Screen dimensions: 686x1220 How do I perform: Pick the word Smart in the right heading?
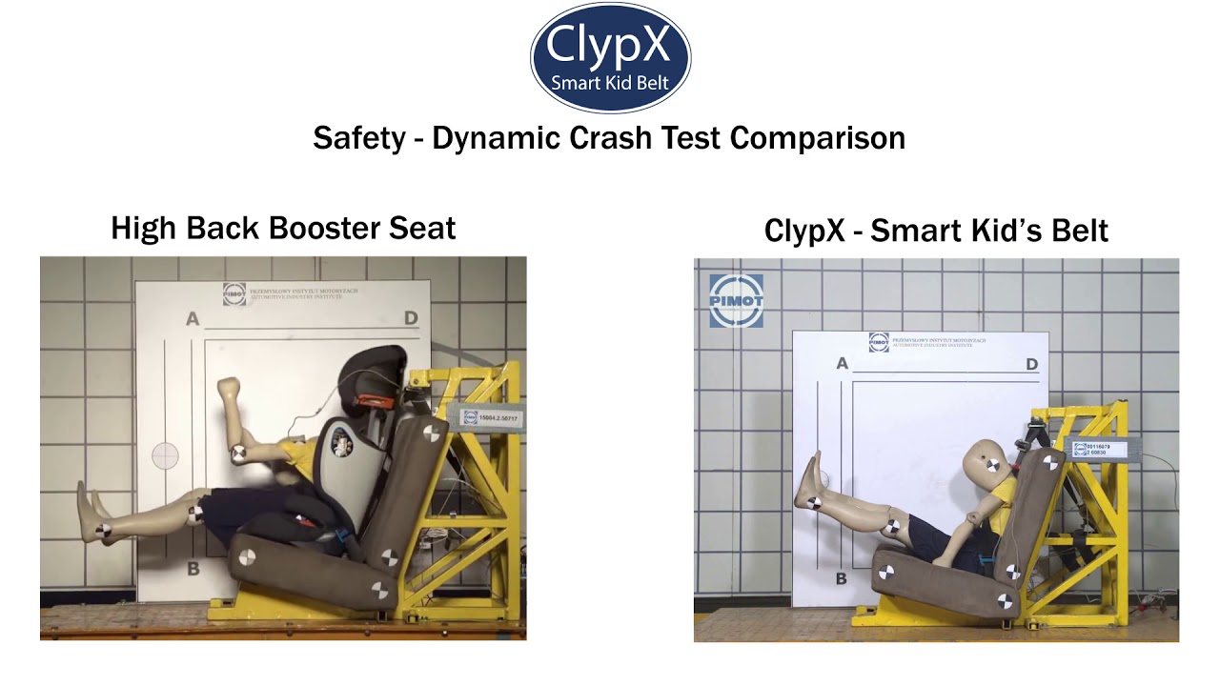pos(914,231)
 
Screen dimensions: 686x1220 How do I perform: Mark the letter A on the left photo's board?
pos(193,319)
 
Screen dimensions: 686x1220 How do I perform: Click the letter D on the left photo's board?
pos(411,318)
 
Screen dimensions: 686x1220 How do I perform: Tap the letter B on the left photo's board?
pos(193,569)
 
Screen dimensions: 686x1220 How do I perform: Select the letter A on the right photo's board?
pos(842,363)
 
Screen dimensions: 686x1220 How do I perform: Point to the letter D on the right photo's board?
pos(1031,364)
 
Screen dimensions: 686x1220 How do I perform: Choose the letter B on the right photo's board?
pos(842,578)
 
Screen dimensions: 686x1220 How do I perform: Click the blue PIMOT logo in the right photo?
pos(736,301)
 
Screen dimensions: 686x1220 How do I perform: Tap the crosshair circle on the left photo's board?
pos(165,455)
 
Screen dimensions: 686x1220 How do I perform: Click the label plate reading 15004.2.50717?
pos(492,417)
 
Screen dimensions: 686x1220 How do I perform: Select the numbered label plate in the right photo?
pos(1100,449)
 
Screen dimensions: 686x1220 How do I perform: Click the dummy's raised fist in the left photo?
pos(229,388)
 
